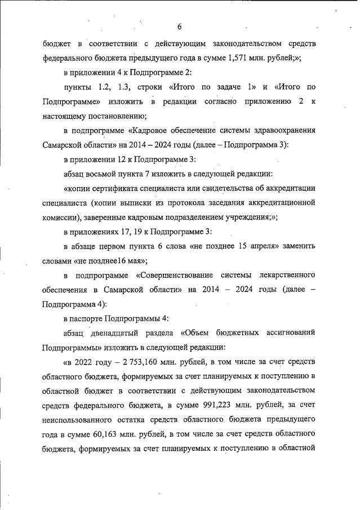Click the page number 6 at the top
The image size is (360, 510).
(x=179, y=26)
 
